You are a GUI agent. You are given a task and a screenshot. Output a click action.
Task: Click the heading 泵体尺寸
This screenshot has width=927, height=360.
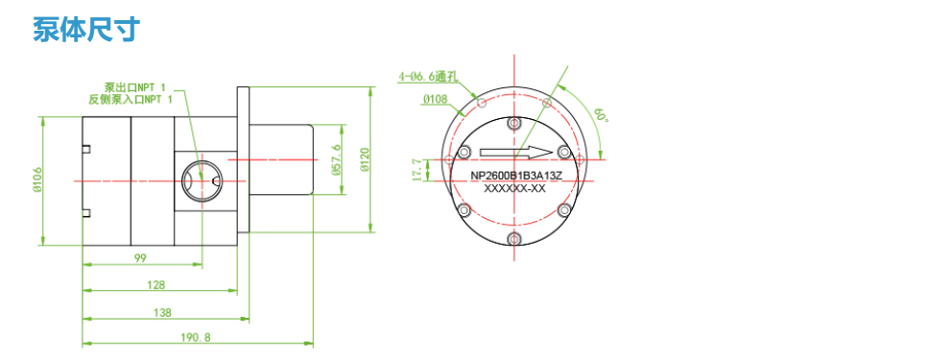(x=86, y=30)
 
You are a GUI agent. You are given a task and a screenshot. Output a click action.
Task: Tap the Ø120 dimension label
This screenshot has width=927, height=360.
(x=365, y=159)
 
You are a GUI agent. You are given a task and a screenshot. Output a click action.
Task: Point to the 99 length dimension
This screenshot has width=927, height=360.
(x=140, y=257)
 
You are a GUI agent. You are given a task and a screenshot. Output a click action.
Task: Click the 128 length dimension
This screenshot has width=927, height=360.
(x=156, y=285)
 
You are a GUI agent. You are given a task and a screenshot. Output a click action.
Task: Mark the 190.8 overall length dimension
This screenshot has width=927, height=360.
(x=196, y=338)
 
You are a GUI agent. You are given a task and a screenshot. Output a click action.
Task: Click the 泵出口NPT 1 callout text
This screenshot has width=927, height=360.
(x=134, y=87)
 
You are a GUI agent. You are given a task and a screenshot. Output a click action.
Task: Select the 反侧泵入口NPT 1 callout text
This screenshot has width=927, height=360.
(x=131, y=99)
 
